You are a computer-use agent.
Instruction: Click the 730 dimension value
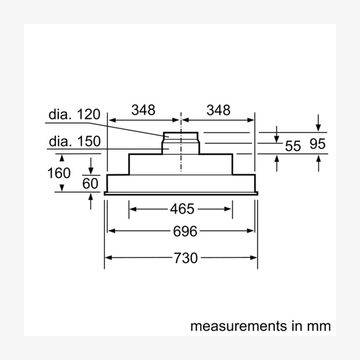[185, 258]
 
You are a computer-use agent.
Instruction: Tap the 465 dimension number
[182, 209]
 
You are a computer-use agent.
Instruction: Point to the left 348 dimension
[143, 110]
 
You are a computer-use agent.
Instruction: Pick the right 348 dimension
[218, 110]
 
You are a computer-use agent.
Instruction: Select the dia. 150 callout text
[76, 142]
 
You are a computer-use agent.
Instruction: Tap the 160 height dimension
[59, 173]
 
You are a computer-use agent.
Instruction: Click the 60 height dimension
[90, 183]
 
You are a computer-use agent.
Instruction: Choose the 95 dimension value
[319, 145]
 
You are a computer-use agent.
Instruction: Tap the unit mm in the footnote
[319, 326]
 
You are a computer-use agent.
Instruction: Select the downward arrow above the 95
[319, 127]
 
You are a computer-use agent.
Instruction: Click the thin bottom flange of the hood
[181, 193]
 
